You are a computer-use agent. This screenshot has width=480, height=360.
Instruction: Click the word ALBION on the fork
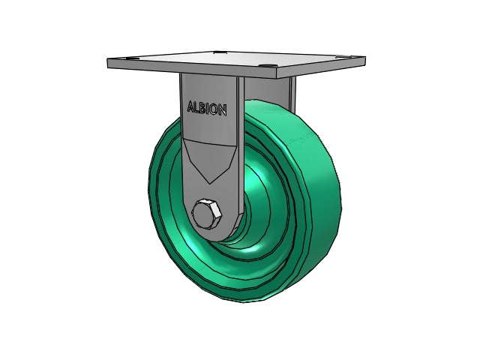(207, 108)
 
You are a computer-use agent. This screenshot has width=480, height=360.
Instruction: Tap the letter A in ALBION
(190, 106)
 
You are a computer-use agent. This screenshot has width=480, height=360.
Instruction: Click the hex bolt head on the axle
(207, 214)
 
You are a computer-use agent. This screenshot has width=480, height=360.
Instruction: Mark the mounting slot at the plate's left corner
(127, 58)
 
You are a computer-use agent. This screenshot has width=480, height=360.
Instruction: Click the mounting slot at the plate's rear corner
(220, 52)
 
